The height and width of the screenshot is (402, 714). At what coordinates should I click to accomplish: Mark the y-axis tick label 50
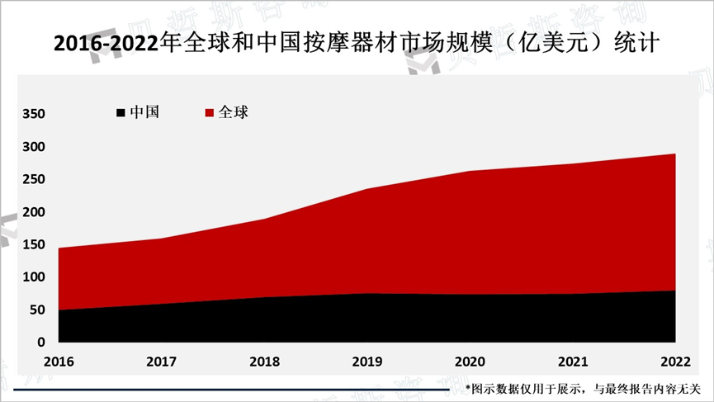coord(37,310)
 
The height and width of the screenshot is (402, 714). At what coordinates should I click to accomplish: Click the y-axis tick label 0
coord(41,342)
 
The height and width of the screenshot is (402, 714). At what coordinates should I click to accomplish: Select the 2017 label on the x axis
coord(161,362)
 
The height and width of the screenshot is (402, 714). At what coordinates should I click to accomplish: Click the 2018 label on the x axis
coord(264,362)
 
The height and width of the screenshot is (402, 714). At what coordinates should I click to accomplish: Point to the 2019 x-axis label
coord(366,362)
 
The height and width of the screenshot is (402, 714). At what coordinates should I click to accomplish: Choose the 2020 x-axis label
coord(470,362)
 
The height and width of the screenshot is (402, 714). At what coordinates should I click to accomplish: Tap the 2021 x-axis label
coord(572,362)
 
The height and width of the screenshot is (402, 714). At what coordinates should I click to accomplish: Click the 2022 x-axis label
coord(675,362)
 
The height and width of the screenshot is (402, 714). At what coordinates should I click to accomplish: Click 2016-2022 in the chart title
coord(104,44)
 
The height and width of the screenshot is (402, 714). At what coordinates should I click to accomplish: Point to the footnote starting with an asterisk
coord(583,388)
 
